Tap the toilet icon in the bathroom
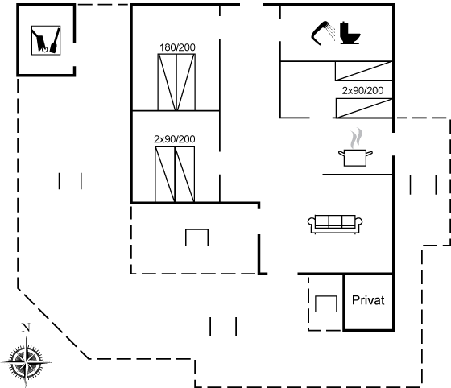tap(350, 33)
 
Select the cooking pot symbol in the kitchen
tap(355, 158)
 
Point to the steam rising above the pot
tap(356, 138)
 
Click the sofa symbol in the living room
tap(335, 224)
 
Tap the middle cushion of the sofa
tap(335, 221)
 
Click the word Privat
tap(368, 300)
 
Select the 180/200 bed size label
tap(177, 47)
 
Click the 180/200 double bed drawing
tap(176, 82)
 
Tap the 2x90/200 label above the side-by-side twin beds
tap(174, 139)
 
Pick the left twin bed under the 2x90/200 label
tap(165, 174)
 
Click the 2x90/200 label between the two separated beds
tap(362, 90)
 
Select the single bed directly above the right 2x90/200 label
tap(364, 71)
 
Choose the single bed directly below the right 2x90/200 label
tap(364, 108)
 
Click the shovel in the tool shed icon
tap(56, 40)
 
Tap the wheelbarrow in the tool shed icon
tap(39, 41)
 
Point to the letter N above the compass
tap(26, 328)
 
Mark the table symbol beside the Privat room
tap(326, 303)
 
